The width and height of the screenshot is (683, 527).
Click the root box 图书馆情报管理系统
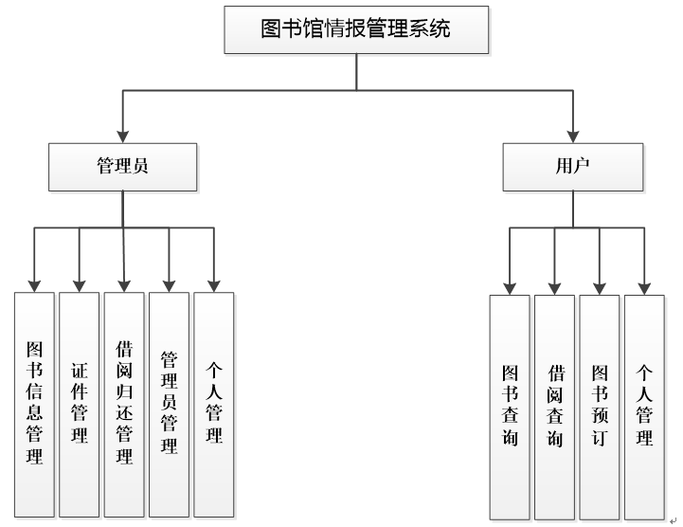pyautogui.click(x=355, y=28)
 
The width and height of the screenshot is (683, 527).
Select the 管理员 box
pyautogui.click(x=122, y=166)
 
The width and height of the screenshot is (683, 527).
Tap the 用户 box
pyautogui.click(x=573, y=166)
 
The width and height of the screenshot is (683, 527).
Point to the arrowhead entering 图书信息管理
pyautogui.click(x=34, y=284)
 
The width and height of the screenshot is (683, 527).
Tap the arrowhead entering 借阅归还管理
pyautogui.click(x=123, y=284)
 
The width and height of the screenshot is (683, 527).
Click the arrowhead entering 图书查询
pyautogui.click(x=510, y=287)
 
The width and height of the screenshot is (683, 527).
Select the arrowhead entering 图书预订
pyautogui.click(x=599, y=287)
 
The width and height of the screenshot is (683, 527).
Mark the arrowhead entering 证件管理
pyautogui.click(x=79, y=284)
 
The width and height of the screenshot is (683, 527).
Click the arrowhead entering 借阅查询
pyautogui.click(x=554, y=287)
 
